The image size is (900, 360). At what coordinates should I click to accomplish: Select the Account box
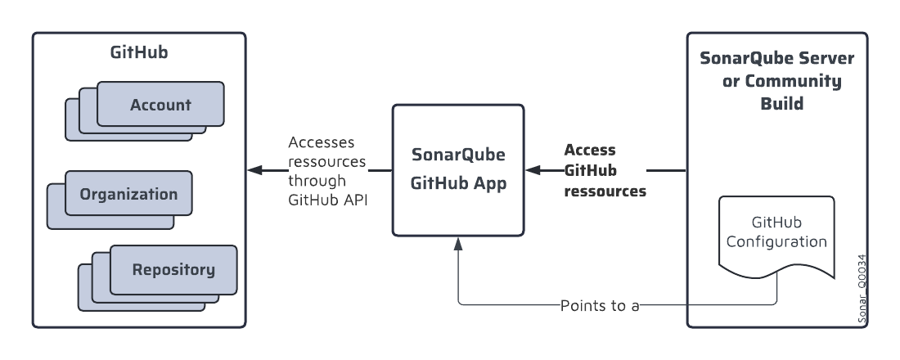click(160, 105)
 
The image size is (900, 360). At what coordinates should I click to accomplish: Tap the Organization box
click(128, 194)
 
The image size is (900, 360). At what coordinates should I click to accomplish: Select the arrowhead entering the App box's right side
click(533, 170)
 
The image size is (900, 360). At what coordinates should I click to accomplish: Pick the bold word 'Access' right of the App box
click(589, 151)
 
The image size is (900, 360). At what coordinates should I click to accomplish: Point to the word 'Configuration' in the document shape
click(788, 242)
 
